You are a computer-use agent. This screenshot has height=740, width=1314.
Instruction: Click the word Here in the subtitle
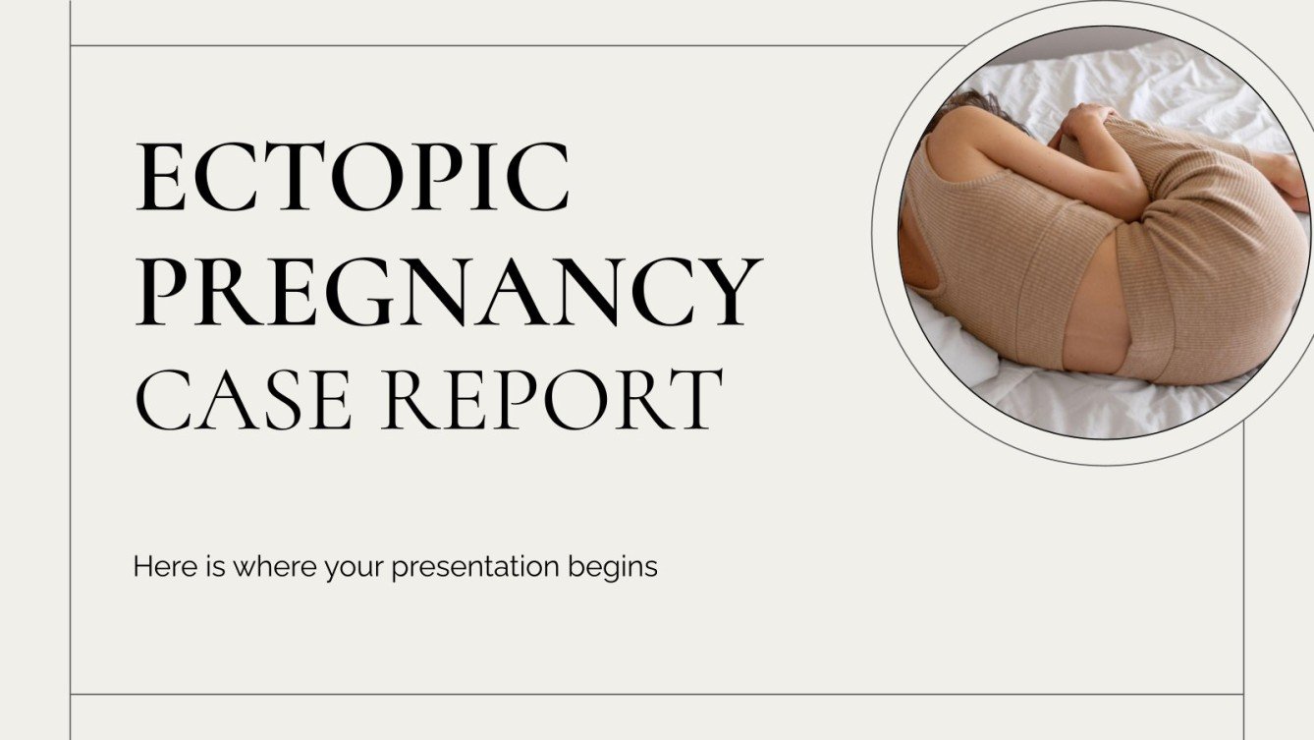(x=156, y=567)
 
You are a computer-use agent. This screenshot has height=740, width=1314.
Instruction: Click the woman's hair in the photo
(x=967, y=105)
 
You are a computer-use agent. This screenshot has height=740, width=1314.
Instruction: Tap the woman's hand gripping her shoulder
(x=1085, y=125)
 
